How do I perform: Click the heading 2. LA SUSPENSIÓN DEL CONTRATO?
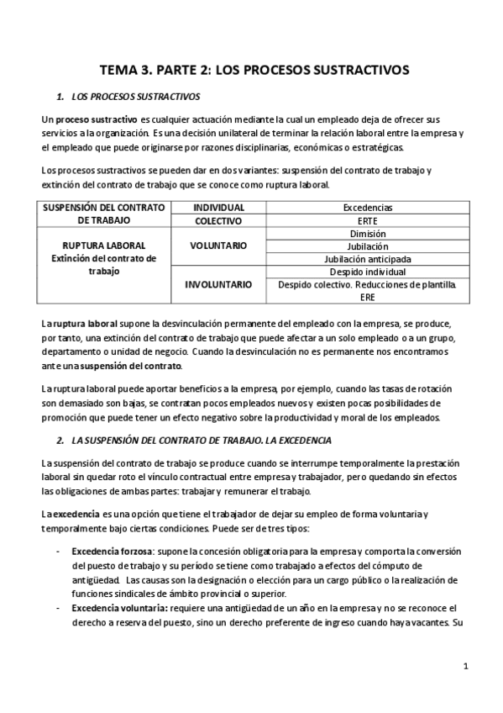pos(194,440)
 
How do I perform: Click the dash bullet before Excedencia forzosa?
pos(57,550)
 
